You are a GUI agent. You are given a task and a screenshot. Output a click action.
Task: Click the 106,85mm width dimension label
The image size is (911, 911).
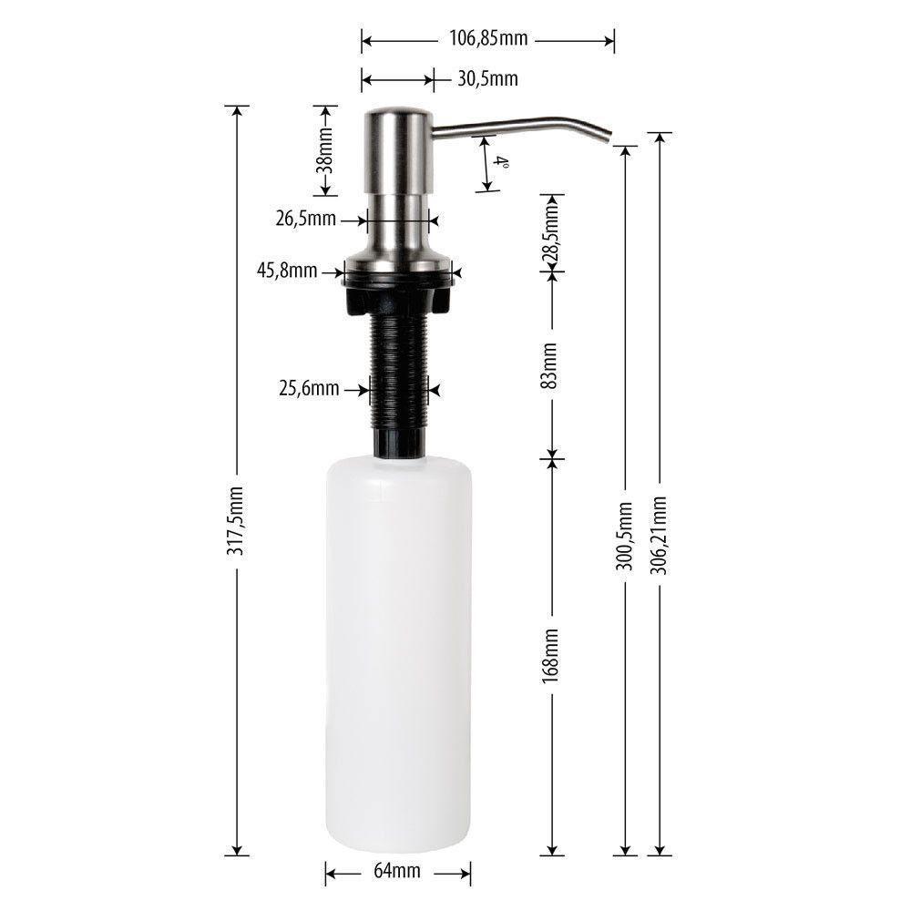[488, 39]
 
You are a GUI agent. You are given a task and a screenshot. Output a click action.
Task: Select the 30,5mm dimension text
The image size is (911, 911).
[487, 79]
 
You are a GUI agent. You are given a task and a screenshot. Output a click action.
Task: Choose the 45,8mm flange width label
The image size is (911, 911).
[287, 271]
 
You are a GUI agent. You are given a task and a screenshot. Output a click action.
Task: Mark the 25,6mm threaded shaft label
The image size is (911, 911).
[309, 389]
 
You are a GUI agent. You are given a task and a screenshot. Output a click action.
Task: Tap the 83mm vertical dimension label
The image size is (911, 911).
[550, 365]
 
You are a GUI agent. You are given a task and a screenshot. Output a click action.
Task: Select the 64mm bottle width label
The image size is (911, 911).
[397, 872]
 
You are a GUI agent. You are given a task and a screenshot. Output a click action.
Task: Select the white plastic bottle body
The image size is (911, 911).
[399, 656]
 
